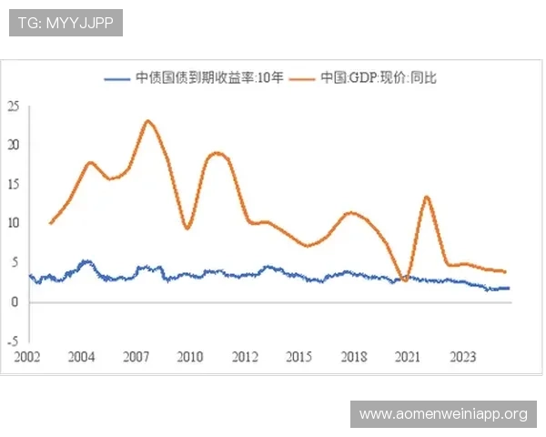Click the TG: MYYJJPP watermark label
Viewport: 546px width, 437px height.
(x=65, y=22)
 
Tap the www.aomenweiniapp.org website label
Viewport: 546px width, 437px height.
(x=443, y=414)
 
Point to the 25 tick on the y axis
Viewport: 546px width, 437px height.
(x=13, y=106)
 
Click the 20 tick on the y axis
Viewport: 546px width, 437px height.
(x=13, y=145)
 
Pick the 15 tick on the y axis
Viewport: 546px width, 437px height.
(x=13, y=184)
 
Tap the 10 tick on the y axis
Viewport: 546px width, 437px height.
(x=13, y=223)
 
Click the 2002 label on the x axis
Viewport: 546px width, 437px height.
(x=28, y=356)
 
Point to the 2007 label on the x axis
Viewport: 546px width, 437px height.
(x=136, y=356)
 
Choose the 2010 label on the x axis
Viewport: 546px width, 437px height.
(x=190, y=356)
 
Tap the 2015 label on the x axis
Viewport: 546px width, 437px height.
(x=298, y=356)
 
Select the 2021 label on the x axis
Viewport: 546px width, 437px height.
(x=407, y=356)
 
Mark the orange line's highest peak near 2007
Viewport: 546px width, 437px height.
(x=147, y=120)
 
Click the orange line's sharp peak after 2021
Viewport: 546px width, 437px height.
(x=427, y=197)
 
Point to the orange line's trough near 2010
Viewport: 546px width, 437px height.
(x=187, y=228)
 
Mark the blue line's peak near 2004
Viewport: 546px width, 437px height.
(x=86, y=261)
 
